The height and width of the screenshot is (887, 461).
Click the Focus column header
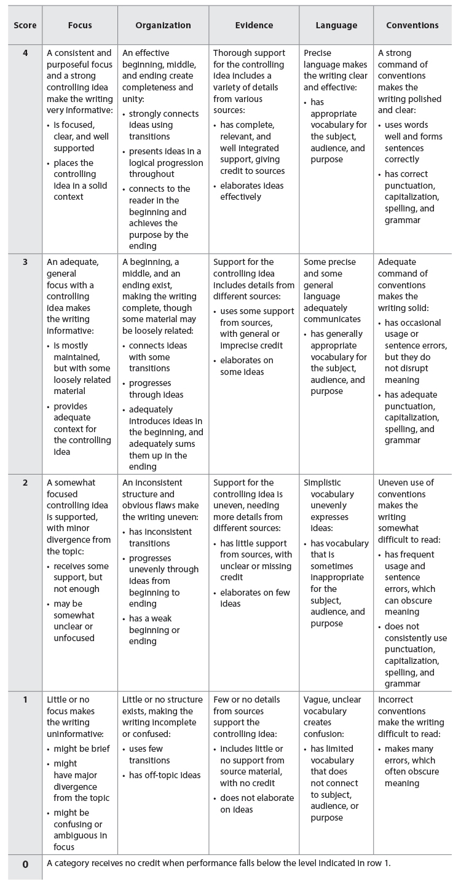[80, 25]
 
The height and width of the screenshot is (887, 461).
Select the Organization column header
[163, 25]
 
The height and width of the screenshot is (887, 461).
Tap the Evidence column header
[254, 25]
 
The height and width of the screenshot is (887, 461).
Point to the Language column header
[336, 25]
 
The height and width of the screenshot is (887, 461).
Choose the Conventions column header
[412, 25]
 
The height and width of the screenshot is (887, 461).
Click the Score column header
[25, 25]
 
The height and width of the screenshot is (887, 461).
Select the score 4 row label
[25, 53]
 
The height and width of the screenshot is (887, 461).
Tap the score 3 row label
[25, 262]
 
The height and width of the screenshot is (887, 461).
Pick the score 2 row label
[25, 483]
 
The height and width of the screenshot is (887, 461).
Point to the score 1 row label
[25, 700]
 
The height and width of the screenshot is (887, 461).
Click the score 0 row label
[25, 864]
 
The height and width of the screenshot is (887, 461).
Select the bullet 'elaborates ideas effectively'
[252, 191]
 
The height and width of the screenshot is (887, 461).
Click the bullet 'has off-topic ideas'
[164, 776]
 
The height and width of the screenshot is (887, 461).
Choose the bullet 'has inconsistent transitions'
[160, 538]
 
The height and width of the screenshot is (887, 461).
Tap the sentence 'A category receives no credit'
[218, 863]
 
